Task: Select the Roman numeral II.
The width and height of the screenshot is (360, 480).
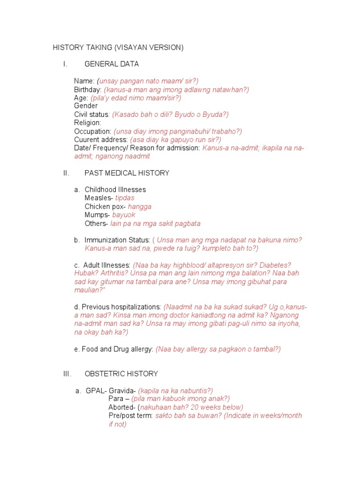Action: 66,173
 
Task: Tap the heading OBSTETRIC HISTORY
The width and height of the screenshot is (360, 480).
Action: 121,374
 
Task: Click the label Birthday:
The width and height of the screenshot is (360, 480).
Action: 88,90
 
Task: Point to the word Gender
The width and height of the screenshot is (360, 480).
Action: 86,106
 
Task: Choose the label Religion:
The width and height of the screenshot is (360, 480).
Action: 87,123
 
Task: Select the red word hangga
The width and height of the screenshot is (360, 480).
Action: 140,206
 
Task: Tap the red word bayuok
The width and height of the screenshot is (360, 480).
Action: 124,215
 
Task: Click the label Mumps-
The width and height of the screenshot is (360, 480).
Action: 97,215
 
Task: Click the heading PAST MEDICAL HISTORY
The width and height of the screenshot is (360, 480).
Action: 127,173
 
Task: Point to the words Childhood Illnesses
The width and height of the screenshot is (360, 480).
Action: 115,189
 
